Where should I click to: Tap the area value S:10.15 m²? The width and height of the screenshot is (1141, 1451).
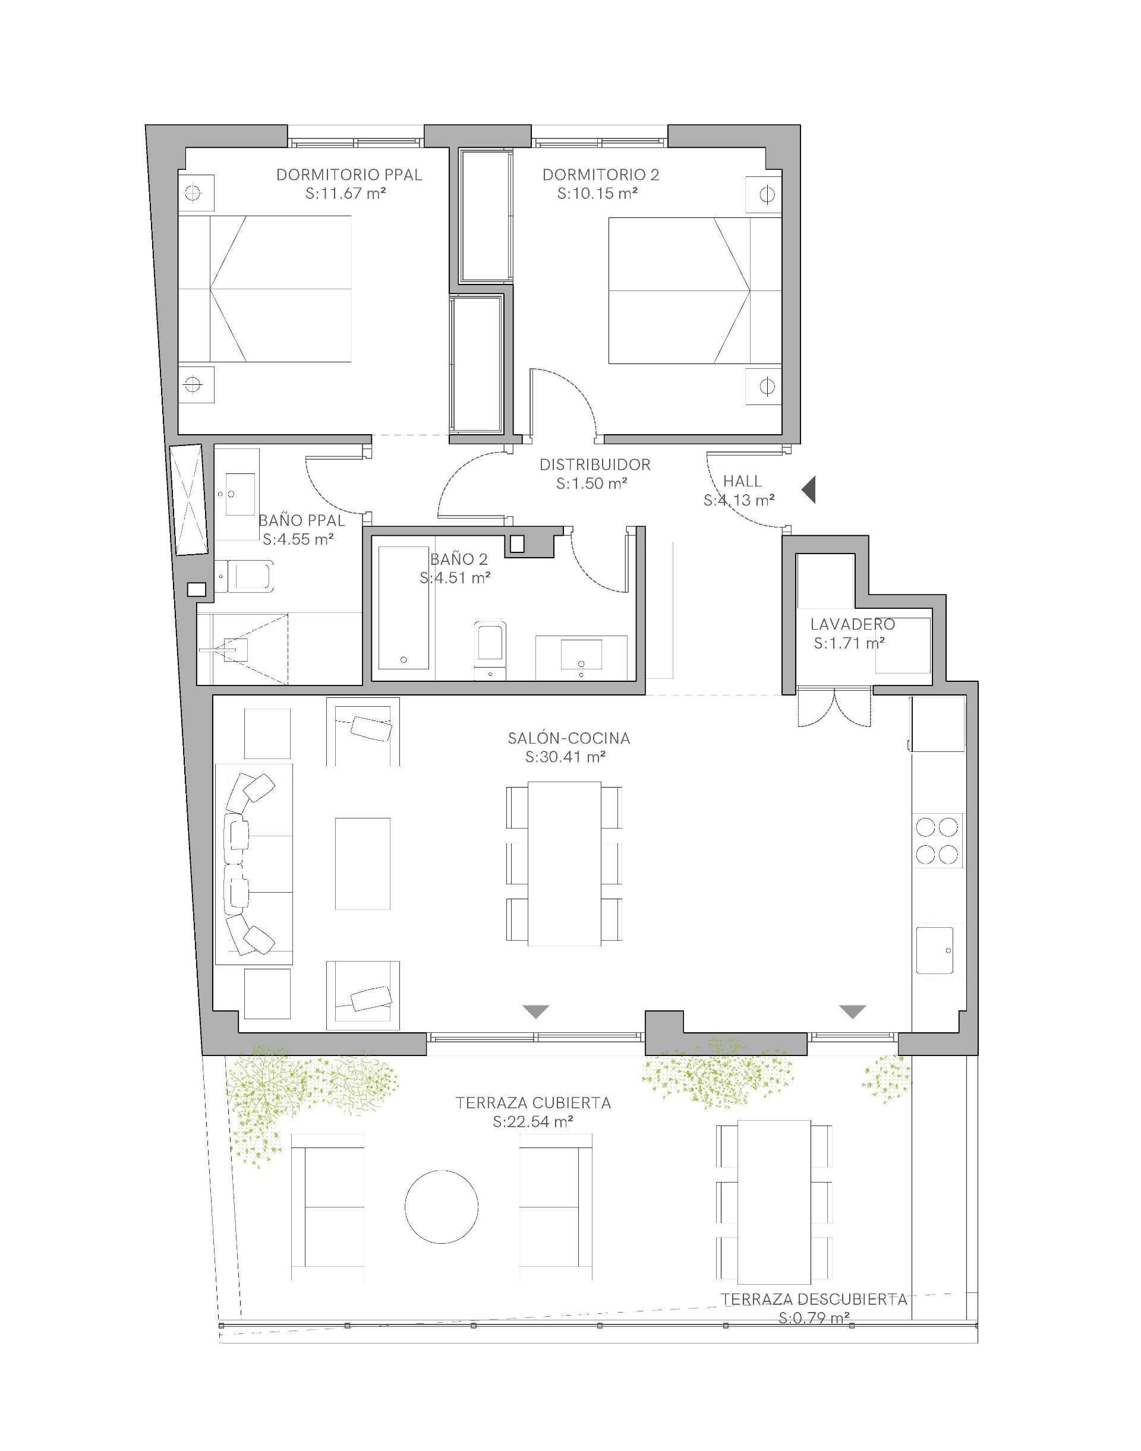pos(597,194)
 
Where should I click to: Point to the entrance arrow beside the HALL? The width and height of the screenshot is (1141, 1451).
pos(808,490)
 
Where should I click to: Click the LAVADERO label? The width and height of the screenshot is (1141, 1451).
pos(852,624)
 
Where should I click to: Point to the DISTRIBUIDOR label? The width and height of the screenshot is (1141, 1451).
pos(594,464)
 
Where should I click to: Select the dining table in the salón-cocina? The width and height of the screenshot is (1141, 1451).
pos(565,864)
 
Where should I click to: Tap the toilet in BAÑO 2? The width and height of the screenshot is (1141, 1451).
pos(490,650)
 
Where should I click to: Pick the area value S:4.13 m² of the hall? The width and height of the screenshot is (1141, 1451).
pos(739,500)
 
